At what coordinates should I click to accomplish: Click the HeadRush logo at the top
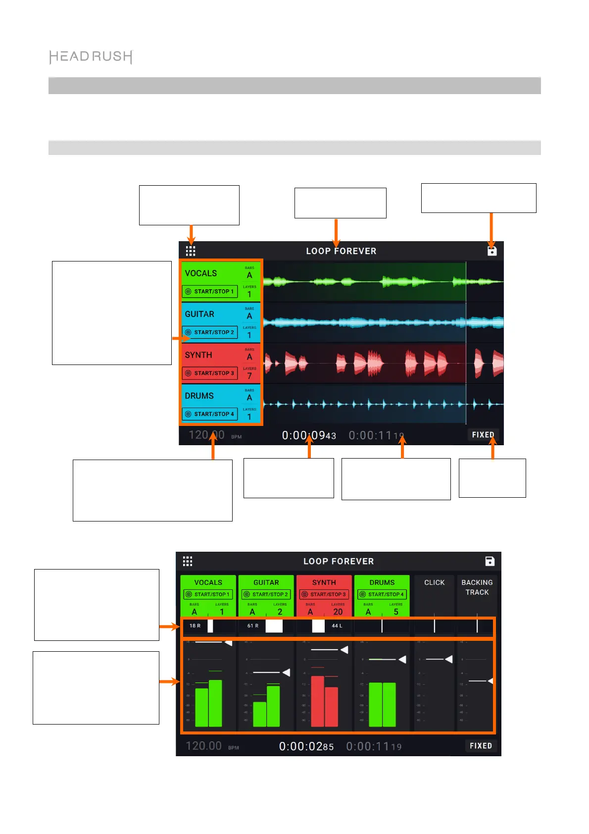91,57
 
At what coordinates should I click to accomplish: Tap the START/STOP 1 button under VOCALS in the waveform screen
210,292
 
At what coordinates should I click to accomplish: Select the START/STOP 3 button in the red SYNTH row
210,373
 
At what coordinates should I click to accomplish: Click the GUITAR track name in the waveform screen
199,314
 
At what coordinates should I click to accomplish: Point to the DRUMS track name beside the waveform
199,396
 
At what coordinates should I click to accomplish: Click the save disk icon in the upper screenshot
491,251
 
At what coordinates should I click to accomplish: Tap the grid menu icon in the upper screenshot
191,251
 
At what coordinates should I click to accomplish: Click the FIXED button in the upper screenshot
483,435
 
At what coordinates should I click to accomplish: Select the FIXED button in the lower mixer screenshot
481,746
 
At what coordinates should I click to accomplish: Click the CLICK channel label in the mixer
434,583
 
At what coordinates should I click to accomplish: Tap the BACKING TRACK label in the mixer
477,587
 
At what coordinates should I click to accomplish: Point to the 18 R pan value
195,626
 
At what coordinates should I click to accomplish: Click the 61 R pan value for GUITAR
253,626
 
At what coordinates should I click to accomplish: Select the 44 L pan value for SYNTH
337,626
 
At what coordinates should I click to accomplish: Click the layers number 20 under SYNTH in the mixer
338,612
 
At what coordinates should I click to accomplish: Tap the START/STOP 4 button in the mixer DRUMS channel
382,594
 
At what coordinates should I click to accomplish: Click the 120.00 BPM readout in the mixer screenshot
204,746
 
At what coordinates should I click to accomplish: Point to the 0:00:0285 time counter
306,746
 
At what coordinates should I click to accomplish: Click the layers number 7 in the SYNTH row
249,376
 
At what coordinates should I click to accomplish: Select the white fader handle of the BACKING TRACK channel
490,681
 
